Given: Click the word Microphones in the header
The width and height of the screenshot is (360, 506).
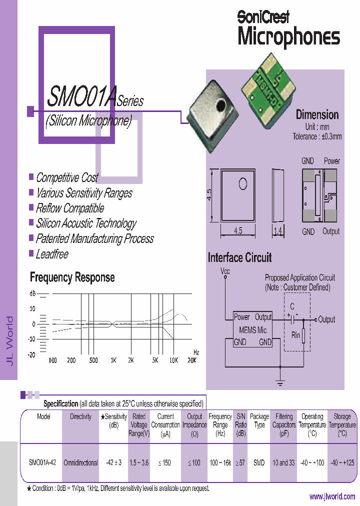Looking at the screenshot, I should [x=288, y=37].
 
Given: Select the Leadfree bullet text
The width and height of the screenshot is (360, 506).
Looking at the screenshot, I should [x=52, y=254].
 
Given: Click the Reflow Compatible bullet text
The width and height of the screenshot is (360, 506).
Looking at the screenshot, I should [x=69, y=208].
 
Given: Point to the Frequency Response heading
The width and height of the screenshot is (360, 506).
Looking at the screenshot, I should [x=72, y=277].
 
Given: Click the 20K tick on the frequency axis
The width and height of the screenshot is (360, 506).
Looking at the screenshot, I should [x=191, y=360].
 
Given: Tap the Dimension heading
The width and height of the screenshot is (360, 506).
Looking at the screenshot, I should [x=317, y=115].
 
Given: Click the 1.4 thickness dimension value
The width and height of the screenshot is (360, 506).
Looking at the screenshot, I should [x=278, y=231].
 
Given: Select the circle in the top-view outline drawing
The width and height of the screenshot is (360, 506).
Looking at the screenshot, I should [x=243, y=184].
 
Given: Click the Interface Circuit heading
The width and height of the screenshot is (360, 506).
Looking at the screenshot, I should [x=239, y=258].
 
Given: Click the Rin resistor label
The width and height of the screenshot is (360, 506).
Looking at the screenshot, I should [x=295, y=335].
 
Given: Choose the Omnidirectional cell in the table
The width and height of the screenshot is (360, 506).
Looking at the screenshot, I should [x=80, y=462].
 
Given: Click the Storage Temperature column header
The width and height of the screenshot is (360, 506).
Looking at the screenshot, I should [x=342, y=424].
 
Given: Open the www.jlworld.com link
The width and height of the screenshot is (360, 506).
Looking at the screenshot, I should [x=332, y=496].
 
